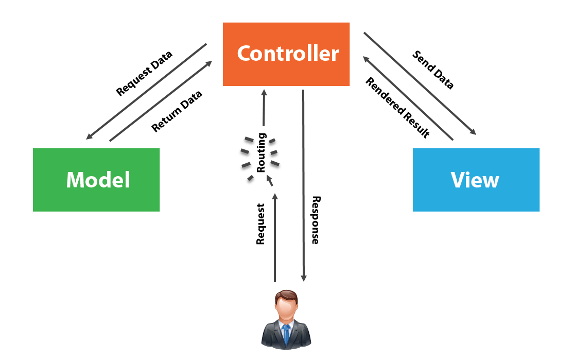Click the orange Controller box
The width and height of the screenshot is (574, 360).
point(286,54)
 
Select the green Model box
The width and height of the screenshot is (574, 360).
point(96,180)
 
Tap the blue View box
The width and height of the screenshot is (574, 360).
point(476,180)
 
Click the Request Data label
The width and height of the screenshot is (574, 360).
point(144,74)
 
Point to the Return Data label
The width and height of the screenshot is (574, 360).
point(177,111)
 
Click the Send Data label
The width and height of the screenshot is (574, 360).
point(433,70)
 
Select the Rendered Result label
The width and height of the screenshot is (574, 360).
point(397,108)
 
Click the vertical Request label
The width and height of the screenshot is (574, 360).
point(260,224)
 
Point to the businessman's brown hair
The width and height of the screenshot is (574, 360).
point(286,296)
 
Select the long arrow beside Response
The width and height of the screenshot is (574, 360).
point(303,185)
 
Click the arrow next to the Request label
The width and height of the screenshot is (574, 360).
point(274,237)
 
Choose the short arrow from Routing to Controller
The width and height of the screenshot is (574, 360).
point(264,108)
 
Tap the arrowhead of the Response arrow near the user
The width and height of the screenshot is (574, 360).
point(304,278)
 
